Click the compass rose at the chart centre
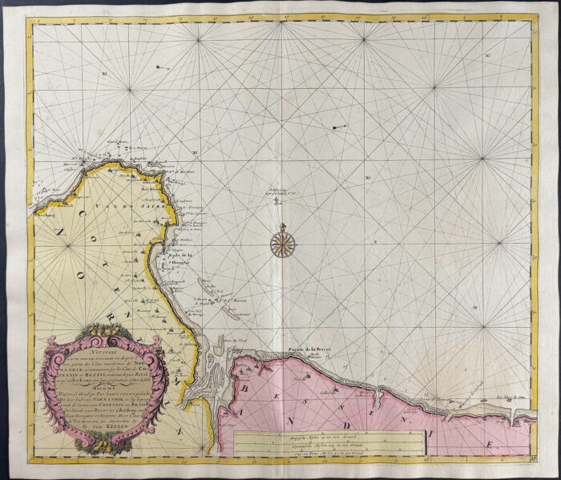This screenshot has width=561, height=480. pyautogui.click(x=281, y=244)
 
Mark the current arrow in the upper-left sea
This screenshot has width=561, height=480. pyautogui.click(x=161, y=66)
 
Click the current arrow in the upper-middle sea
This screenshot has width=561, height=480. pyautogui.click(x=339, y=127)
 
